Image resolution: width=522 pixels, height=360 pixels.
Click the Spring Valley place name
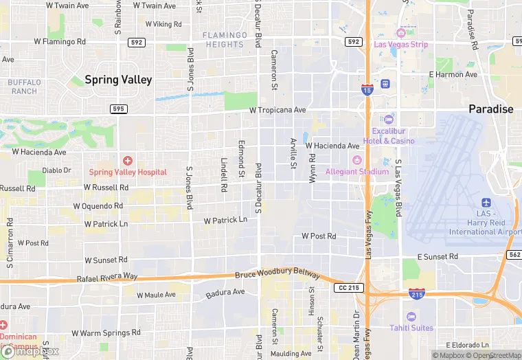[118, 80]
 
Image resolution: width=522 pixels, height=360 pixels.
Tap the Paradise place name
[490, 109]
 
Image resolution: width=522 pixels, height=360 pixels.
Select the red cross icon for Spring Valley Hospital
[127, 160]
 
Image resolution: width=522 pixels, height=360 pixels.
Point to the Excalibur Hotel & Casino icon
[389, 120]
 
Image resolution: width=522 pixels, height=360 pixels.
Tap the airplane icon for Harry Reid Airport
[486, 203]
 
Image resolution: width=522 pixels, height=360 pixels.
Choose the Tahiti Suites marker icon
[411, 316]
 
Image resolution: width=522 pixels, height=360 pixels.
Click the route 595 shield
[119, 109]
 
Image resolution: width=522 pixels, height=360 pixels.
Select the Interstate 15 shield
[367, 90]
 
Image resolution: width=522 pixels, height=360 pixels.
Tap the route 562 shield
[514, 254]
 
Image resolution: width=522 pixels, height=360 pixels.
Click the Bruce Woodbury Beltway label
[277, 274]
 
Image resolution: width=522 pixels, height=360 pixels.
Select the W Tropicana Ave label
[277, 110]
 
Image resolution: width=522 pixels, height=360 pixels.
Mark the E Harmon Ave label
[453, 74]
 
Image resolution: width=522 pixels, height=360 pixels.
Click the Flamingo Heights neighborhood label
[225, 40]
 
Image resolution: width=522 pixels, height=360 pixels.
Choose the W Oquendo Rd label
[103, 205]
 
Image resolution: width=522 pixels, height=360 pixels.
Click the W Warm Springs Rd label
[107, 333]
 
